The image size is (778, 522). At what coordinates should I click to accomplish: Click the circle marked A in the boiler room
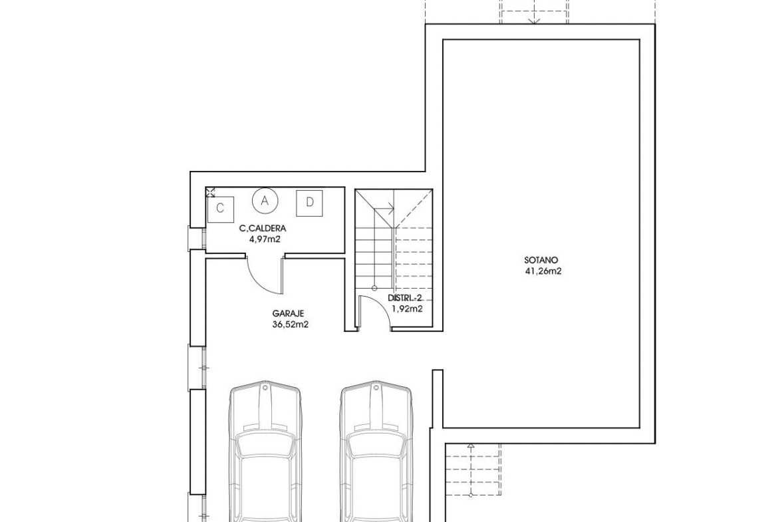pyautogui.click(x=265, y=201)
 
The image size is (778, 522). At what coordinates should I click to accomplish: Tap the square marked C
pyautogui.click(x=221, y=209)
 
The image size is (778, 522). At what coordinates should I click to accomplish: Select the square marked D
pyautogui.click(x=310, y=203)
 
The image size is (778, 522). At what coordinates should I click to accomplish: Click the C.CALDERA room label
pyautogui.click(x=263, y=229)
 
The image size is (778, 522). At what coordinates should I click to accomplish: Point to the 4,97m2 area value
pyautogui.click(x=265, y=239)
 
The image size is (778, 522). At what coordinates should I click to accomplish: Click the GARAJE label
pyautogui.click(x=288, y=314)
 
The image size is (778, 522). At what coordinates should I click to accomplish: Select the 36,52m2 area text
pyautogui.click(x=291, y=325)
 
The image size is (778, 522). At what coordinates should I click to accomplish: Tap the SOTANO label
pyautogui.click(x=541, y=260)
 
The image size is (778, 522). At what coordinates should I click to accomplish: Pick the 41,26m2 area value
pyautogui.click(x=543, y=271)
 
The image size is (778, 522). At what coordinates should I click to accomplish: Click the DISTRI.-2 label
pyautogui.click(x=404, y=298)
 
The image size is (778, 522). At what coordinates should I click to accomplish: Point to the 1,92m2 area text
pyautogui.click(x=408, y=309)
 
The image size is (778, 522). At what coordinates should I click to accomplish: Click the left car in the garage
pyautogui.click(x=265, y=451)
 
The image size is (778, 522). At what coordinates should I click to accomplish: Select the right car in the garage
pyautogui.click(x=376, y=451)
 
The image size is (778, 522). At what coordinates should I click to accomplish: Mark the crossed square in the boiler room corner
pyautogui.click(x=210, y=193)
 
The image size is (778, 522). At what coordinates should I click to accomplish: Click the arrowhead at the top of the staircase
pyautogui.click(x=392, y=209)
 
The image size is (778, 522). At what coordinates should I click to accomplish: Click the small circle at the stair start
pyautogui.click(x=374, y=289)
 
